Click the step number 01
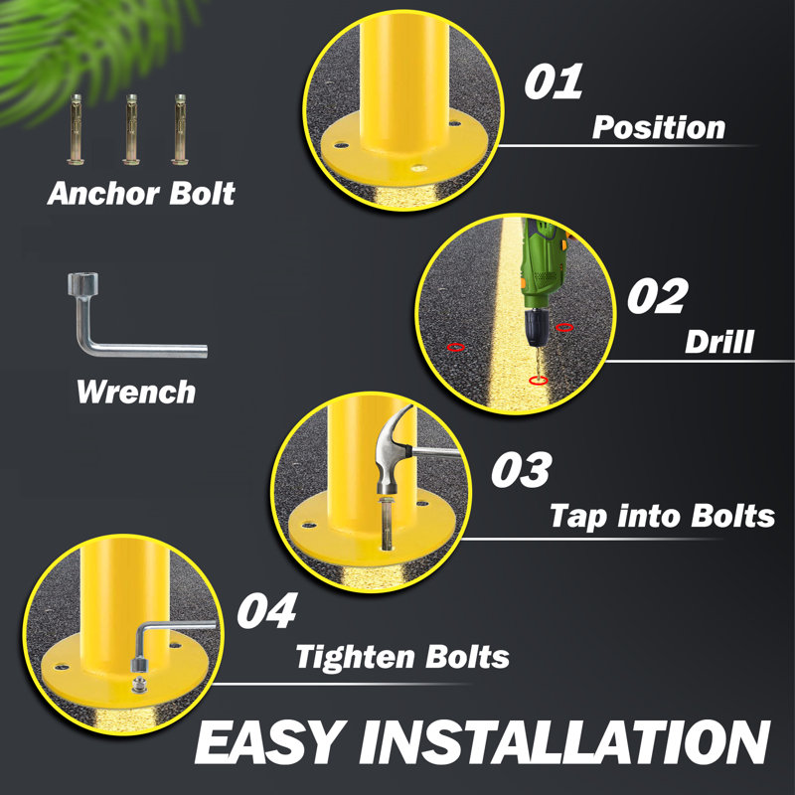pos(554,81)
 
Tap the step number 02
pos(658,296)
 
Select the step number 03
pos(522,469)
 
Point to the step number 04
pos(267,610)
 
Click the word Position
pos(659,127)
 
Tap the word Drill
pos(718,342)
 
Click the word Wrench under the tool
pos(136,392)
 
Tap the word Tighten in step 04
pos(356,657)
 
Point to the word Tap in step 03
pos(578,517)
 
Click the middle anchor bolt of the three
pos(131,129)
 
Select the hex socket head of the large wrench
pos(82,283)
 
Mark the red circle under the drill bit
pos(538,381)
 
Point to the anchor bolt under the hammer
pos(387,524)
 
